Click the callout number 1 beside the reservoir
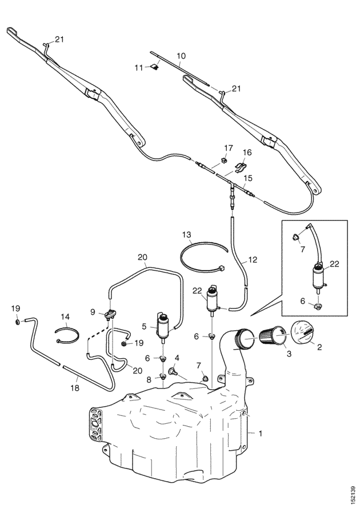261,434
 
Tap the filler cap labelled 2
305,334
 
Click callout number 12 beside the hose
253,260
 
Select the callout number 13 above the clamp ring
186,234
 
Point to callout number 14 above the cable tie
65,316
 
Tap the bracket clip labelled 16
239,167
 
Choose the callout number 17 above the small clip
228,148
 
